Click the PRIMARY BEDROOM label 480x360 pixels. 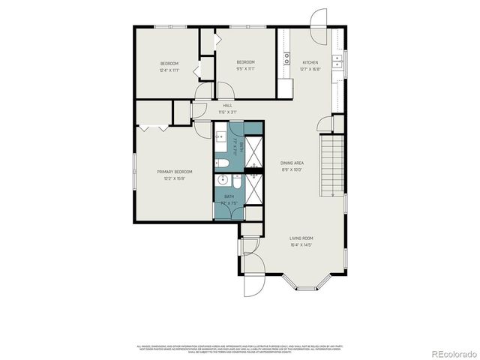[172, 172]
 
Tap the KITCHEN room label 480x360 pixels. [310, 62]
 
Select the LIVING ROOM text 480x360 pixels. [301, 238]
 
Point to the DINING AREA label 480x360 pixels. [292, 163]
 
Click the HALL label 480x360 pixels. [226, 106]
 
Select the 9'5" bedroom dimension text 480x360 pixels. [246, 69]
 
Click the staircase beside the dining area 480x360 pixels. [331, 166]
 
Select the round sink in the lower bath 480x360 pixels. [223, 180]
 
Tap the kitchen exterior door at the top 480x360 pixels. [319, 19]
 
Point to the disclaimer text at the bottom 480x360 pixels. [240, 348]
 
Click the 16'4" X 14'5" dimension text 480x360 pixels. [301, 244]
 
